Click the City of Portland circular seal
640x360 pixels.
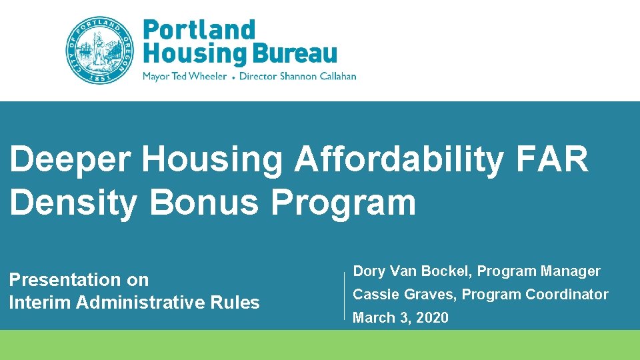(99, 50)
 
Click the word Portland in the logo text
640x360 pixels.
(199, 31)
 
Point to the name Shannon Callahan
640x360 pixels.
(318, 76)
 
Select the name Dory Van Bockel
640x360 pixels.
(412, 271)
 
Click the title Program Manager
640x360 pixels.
(539, 271)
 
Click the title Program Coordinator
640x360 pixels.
(535, 295)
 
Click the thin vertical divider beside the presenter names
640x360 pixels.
(344, 294)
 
